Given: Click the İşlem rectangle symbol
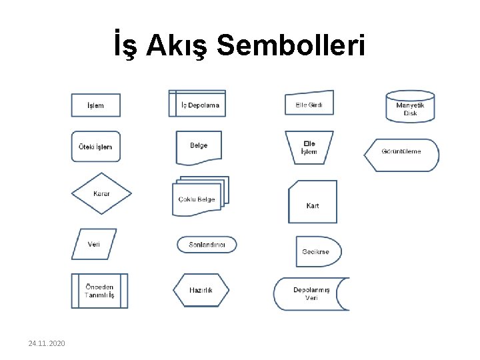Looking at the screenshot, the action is point(96,105).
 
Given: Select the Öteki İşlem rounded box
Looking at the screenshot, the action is point(96,147).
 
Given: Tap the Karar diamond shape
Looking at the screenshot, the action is point(101,193).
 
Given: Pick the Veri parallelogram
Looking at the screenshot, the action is point(94,244).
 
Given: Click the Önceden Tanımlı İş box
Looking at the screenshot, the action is point(99,291).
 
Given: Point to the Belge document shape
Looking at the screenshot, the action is point(199,147).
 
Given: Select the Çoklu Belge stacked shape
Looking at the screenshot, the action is point(199,197).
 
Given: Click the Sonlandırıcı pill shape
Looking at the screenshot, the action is point(207,245).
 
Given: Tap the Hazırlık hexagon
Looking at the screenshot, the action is point(201,291).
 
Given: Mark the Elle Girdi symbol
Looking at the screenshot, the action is point(309,104).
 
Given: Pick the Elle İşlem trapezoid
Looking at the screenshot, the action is point(309,147).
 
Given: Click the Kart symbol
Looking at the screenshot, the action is point(313,202).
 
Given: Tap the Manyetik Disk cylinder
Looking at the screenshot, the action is point(410,107).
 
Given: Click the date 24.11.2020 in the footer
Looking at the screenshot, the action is point(47,343).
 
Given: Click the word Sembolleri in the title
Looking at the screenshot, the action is point(291,47).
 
